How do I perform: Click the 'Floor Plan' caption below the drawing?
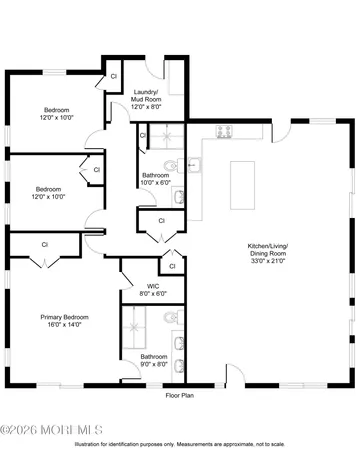point(180,396)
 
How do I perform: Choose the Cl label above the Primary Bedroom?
point(45,244)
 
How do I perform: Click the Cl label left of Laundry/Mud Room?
point(114,76)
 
